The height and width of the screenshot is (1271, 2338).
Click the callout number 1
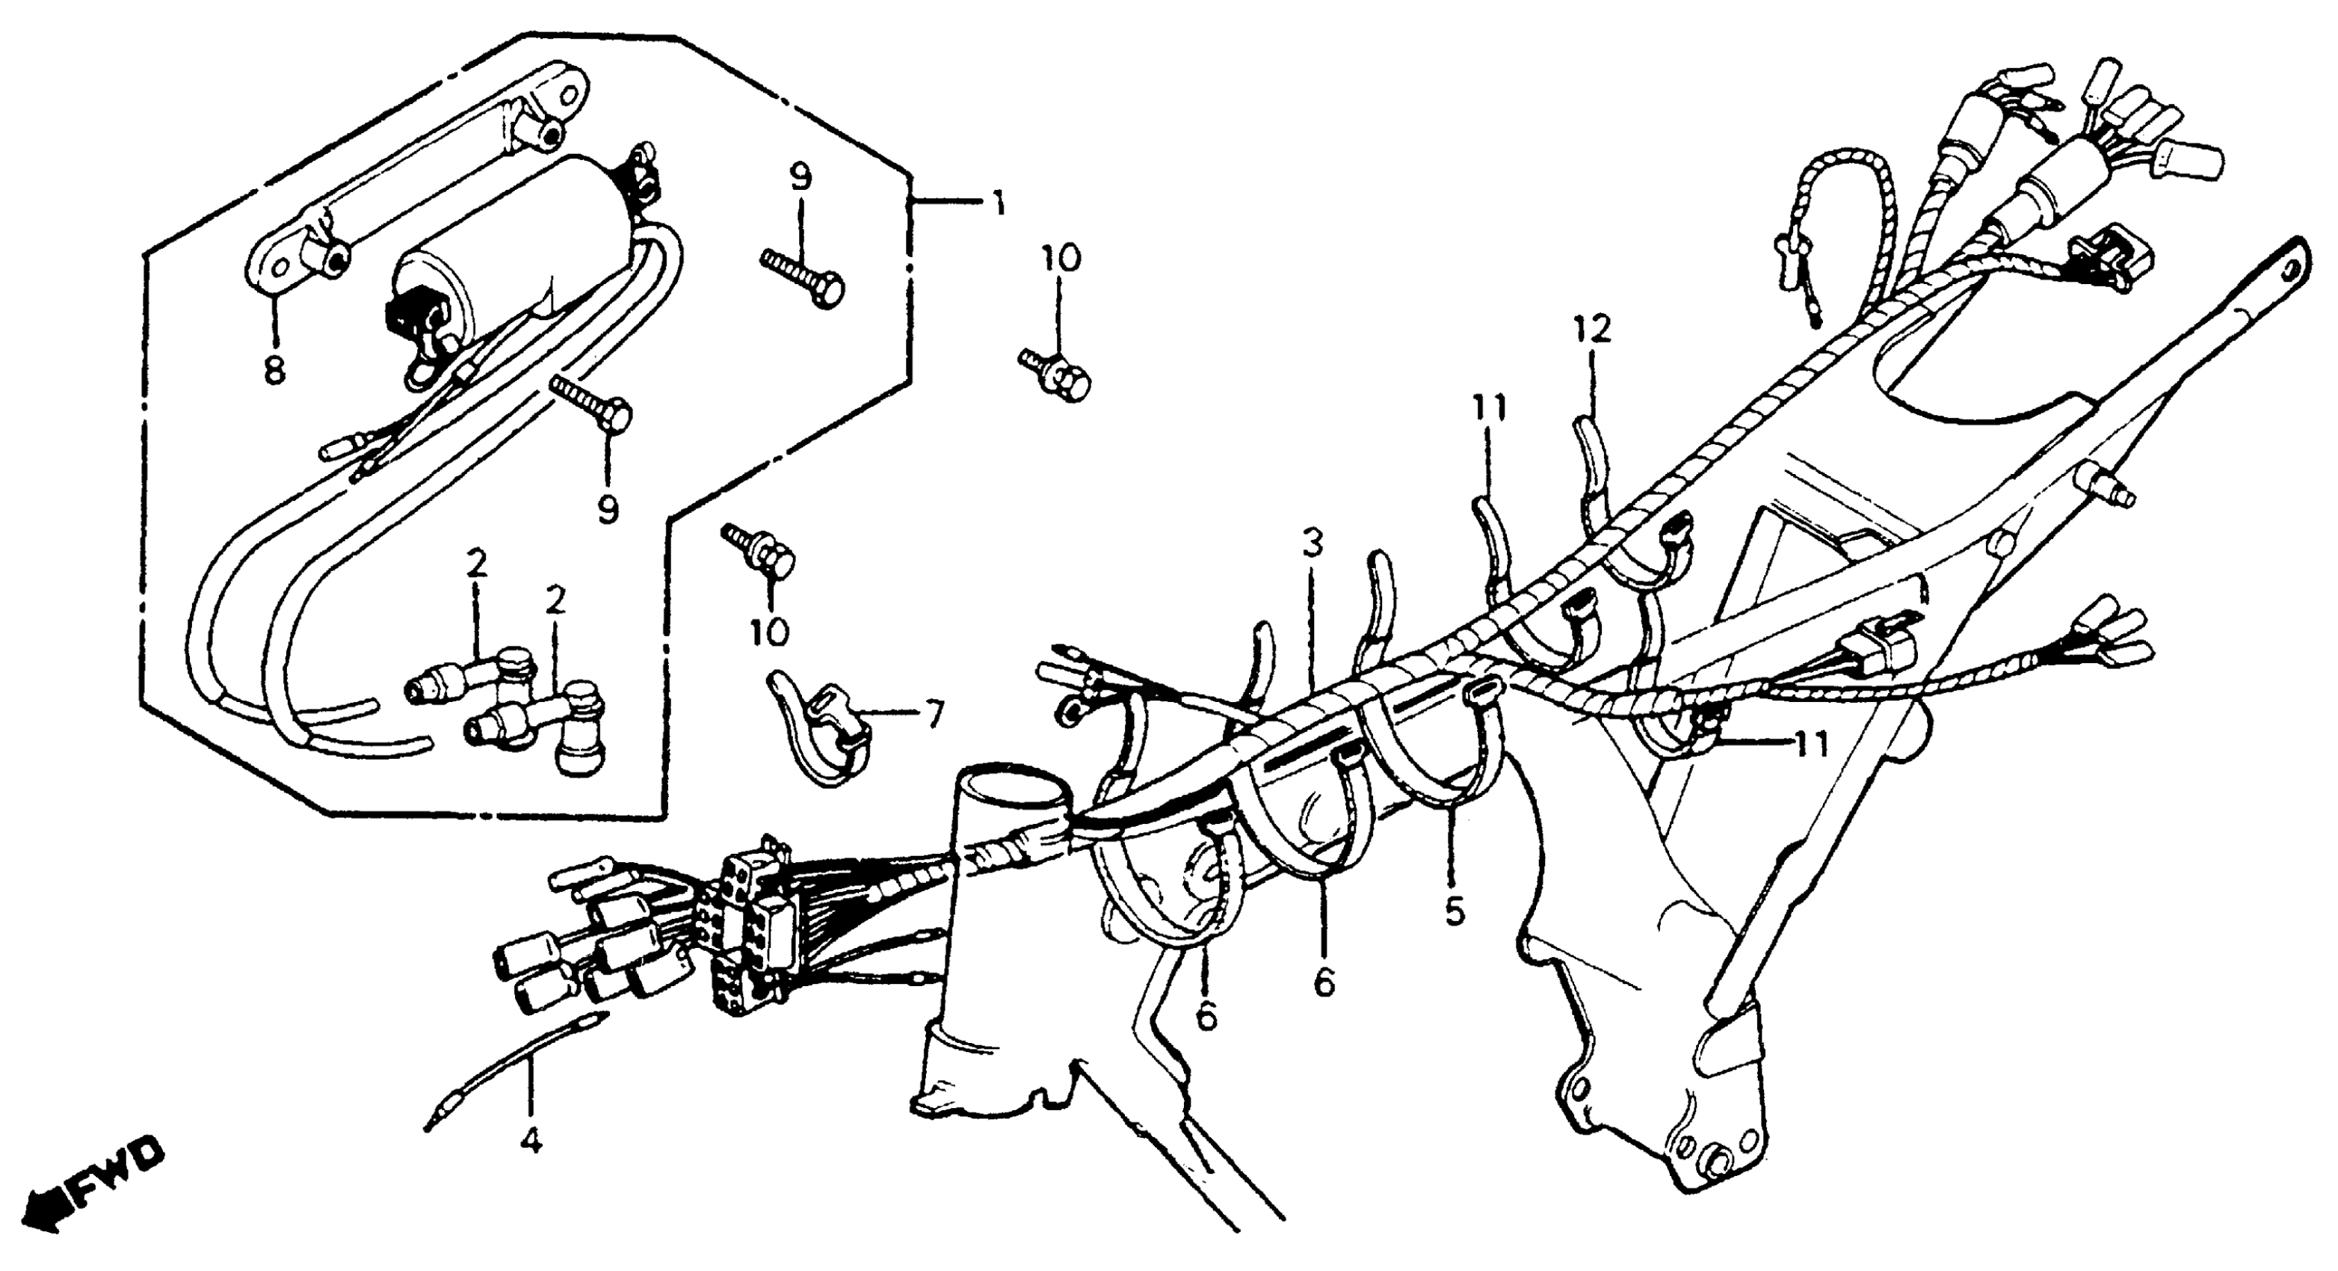coord(999,205)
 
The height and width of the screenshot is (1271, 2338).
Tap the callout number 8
coord(274,370)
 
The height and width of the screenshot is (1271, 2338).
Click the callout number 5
coord(1454,911)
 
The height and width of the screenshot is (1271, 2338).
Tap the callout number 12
coord(1592,329)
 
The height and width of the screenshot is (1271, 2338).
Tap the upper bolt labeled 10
coord(1058,377)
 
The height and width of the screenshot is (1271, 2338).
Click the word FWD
coord(118,1175)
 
